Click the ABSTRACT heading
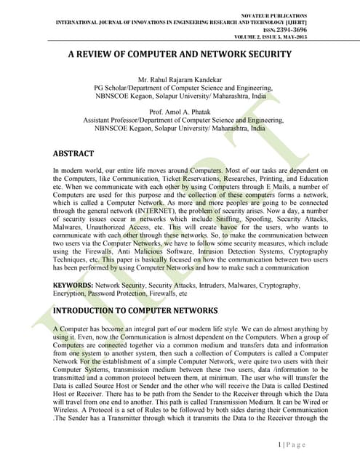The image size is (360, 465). pyautogui.click(x=73, y=154)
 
